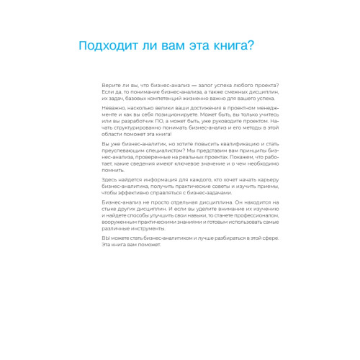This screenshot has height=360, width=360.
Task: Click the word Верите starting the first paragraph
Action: point(110,86)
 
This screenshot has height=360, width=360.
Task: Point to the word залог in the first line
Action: point(202,86)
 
